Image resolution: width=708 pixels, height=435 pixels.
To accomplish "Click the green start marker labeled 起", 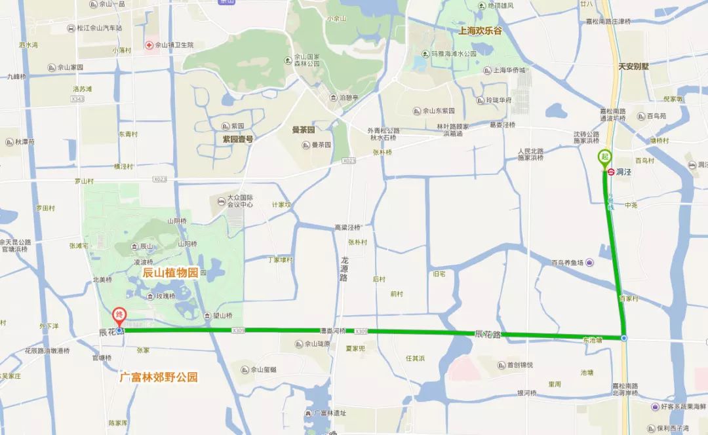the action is [604, 158].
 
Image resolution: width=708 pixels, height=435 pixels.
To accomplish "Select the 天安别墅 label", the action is [633, 66].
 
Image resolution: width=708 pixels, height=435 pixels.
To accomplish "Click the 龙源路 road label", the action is [345, 269].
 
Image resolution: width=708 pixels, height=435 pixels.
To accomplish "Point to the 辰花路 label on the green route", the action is [488, 334].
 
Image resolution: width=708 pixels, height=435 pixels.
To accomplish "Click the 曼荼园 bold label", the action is [304, 130].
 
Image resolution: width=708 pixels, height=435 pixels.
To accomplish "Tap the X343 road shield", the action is [78, 99].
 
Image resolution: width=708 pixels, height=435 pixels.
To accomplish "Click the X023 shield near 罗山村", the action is [160, 179].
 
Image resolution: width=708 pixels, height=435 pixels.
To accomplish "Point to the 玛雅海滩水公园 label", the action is [453, 54].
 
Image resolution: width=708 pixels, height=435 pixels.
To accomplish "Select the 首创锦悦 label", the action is [519, 365].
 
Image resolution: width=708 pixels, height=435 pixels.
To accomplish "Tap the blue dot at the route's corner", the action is [624, 338].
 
